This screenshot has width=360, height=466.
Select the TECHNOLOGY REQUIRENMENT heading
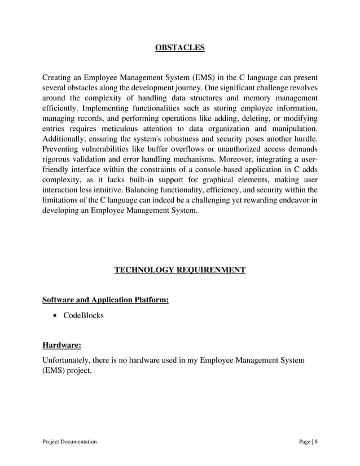click(179, 270)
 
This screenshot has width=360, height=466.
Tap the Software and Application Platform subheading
click(106, 300)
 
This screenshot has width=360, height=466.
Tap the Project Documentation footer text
click(69, 442)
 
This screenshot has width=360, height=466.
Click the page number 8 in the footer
click(316, 442)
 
